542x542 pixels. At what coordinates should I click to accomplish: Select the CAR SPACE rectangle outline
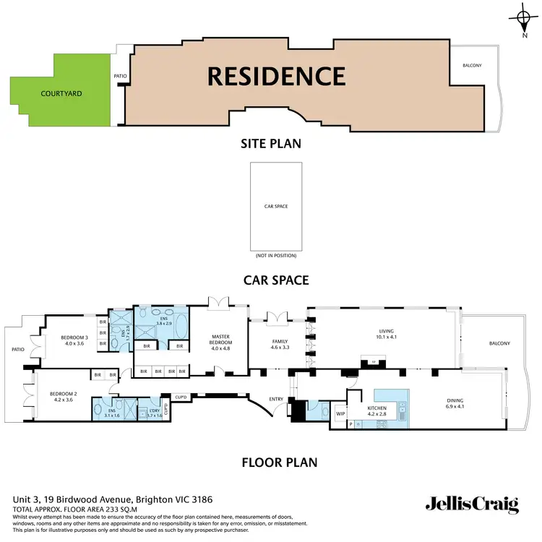276,206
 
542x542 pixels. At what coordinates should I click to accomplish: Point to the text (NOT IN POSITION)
276,256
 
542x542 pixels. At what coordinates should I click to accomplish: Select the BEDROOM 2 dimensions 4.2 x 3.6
63,400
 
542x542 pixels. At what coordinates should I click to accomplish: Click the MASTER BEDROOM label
221,339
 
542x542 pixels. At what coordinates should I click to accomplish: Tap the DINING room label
455,400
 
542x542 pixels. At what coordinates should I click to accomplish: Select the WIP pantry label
340,414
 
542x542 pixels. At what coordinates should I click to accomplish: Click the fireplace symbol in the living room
374,362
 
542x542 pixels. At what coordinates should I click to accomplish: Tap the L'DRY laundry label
153,410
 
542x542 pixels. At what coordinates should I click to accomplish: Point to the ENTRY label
276,399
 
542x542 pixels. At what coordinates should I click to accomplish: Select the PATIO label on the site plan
121,75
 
